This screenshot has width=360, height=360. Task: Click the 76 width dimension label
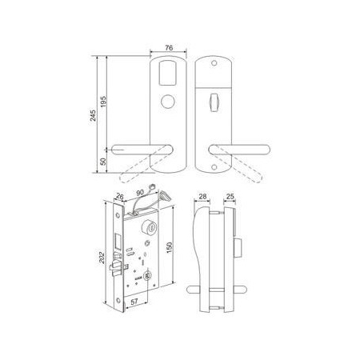[x=169, y=48]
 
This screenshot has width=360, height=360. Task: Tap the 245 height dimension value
[x=93, y=115]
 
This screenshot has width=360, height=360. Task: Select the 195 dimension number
[x=103, y=102]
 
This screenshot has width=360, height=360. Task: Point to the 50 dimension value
[x=103, y=162]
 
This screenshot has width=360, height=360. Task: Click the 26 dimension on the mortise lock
[x=120, y=197]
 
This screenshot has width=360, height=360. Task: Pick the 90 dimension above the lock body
[x=140, y=193]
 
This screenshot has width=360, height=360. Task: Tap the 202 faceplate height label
[x=102, y=258]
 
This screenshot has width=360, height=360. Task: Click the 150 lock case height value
[x=169, y=248]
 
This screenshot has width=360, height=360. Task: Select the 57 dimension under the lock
[x=134, y=302]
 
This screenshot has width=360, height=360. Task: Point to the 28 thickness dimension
[x=202, y=197]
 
